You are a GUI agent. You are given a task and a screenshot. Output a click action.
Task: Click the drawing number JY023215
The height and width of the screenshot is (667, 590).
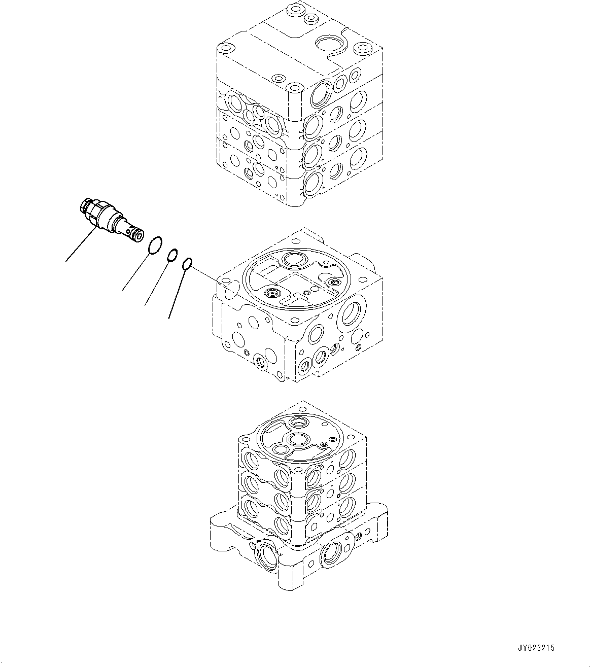tap(536, 648)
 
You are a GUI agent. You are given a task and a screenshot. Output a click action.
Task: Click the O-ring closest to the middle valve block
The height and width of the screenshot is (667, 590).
tap(187, 263)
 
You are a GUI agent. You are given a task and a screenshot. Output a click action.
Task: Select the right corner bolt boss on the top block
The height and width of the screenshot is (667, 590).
tap(362, 50)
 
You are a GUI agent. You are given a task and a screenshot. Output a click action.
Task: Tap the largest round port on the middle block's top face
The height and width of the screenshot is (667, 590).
tap(293, 260)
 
